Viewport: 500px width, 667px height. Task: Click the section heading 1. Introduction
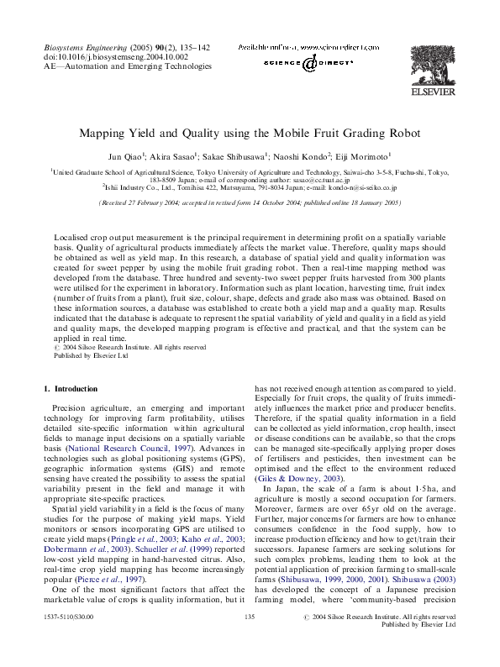click(x=70, y=389)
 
